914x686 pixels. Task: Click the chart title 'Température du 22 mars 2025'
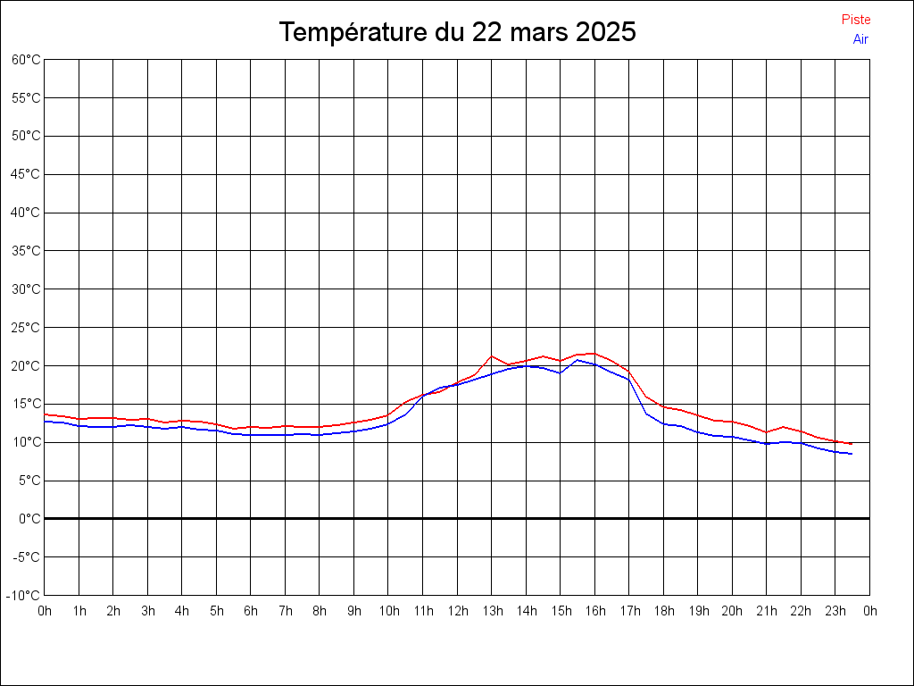[x=457, y=32]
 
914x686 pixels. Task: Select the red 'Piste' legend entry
[x=856, y=20]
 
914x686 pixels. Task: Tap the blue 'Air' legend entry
[x=860, y=39]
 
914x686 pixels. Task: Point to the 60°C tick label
[x=26, y=60]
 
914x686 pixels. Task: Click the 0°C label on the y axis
[x=30, y=519]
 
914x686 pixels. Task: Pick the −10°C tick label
[x=25, y=596]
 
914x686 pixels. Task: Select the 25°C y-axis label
[x=26, y=328]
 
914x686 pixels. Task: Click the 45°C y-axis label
[x=26, y=174]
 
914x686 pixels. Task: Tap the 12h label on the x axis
[x=457, y=612]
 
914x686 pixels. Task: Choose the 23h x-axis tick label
[x=835, y=612]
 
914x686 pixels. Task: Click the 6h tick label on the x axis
[x=251, y=612]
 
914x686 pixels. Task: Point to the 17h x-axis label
[x=629, y=612]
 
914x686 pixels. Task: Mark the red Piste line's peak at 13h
[x=492, y=356]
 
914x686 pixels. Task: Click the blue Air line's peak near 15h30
[x=577, y=360]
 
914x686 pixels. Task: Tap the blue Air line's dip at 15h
[x=561, y=372]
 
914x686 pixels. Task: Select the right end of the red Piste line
[x=852, y=444]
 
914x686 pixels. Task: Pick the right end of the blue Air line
[x=852, y=454]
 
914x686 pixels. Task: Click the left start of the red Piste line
[x=46, y=414]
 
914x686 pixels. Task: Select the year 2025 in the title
[x=606, y=32]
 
